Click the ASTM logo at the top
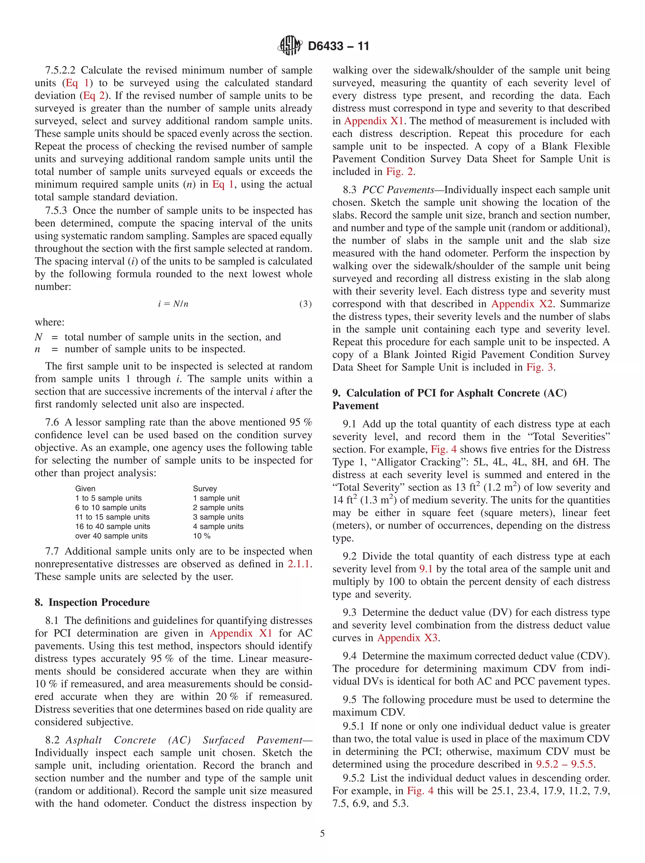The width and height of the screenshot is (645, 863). (x=289, y=46)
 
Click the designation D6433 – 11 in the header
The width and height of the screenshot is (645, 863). (x=338, y=46)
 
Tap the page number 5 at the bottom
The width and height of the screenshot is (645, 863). (x=322, y=833)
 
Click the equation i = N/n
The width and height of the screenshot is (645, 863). (x=173, y=304)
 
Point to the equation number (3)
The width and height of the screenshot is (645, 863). (x=305, y=304)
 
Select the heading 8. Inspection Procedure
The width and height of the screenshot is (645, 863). (x=92, y=602)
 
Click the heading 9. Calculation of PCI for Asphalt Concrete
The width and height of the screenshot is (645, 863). (x=449, y=393)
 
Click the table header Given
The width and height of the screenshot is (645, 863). (x=85, y=488)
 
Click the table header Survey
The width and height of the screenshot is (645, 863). (x=205, y=488)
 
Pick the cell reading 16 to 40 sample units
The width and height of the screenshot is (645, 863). (x=112, y=526)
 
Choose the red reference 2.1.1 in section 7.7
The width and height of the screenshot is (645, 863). (x=299, y=564)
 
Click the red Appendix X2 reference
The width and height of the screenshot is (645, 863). (x=522, y=304)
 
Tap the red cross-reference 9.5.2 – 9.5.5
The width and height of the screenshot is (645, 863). (x=565, y=764)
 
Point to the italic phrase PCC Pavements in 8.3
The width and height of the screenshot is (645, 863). (x=398, y=190)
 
